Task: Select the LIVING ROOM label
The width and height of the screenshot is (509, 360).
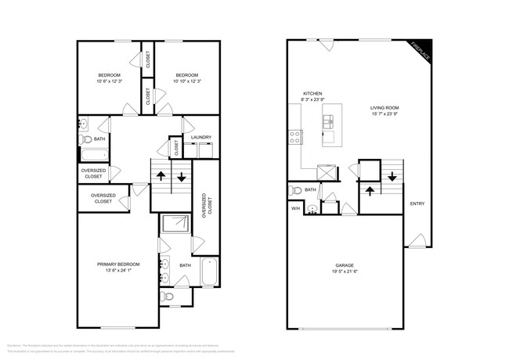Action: [x=385, y=108]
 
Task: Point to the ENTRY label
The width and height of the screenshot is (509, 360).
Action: [x=417, y=204]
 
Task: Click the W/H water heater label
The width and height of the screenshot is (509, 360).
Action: [x=295, y=208]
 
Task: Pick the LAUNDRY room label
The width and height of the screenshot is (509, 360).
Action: [x=200, y=138]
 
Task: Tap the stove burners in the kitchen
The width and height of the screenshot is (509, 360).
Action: [x=296, y=137]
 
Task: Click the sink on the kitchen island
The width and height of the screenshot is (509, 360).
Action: [x=329, y=121]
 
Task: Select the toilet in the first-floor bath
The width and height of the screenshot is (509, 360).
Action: [x=296, y=190]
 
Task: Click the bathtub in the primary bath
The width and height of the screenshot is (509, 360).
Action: [x=208, y=272]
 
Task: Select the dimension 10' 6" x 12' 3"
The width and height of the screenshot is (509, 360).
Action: [x=110, y=81]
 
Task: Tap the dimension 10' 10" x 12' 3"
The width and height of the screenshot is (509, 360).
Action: [x=187, y=81]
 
